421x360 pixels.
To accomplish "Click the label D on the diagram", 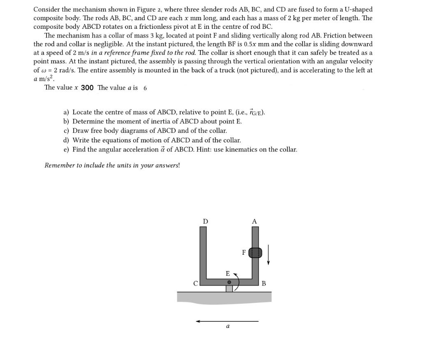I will pos(206,221).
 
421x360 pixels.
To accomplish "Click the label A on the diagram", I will pos(254,221).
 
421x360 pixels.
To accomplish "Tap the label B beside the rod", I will pos(264,283).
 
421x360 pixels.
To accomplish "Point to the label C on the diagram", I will pos(196,283).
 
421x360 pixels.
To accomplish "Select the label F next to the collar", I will pos(244,252).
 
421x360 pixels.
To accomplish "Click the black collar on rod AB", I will pos(255,252).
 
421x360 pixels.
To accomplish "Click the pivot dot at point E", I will pos(230,282).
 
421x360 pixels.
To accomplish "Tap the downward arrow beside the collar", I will pos(268,255).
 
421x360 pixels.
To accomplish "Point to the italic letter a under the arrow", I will pos(228,327).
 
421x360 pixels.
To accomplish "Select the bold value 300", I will pos(87,88).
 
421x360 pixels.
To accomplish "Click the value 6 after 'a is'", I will pos(145,88).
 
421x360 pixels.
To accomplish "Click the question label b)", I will pos(66,121).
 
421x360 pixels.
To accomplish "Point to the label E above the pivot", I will pos(227,273).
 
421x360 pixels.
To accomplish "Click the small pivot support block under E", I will pos(229,288).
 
